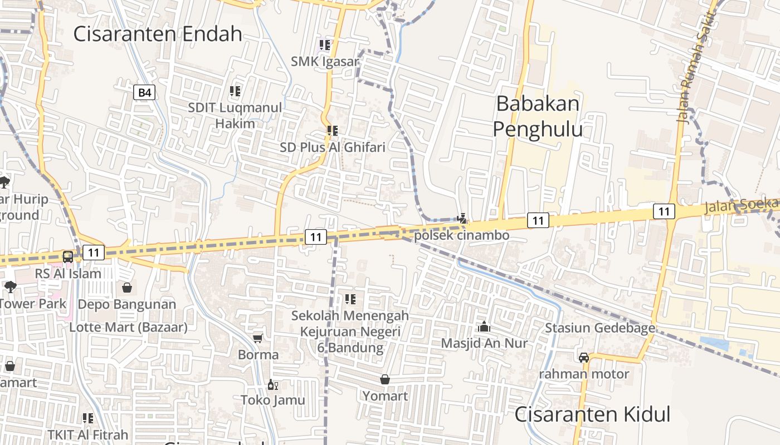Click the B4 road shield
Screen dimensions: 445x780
pyautogui.click(x=144, y=92)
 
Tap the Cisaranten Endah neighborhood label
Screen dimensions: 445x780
pyautogui.click(x=158, y=34)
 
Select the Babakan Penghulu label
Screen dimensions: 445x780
pyautogui.click(x=538, y=116)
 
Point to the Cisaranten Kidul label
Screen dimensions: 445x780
pyautogui.click(x=592, y=414)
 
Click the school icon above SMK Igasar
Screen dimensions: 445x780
pyautogui.click(x=324, y=44)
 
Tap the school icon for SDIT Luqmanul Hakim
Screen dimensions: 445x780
pyautogui.click(x=235, y=91)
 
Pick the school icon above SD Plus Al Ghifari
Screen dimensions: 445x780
pyautogui.click(x=333, y=131)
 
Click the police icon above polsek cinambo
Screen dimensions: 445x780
pyautogui.click(x=462, y=218)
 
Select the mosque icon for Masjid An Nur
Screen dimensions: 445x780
pyautogui.click(x=484, y=327)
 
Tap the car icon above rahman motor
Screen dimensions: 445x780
pyautogui.click(x=584, y=357)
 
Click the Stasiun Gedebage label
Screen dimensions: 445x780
pyautogui.click(x=599, y=328)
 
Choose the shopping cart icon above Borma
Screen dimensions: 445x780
pyautogui.click(x=258, y=338)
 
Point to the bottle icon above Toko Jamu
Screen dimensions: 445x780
pyautogui.click(x=272, y=384)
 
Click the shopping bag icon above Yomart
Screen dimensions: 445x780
pyautogui.click(x=385, y=379)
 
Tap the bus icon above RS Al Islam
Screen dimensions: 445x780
pyautogui.click(x=68, y=256)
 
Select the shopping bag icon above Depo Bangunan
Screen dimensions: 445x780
pyautogui.click(x=127, y=288)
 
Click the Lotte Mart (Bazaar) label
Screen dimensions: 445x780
pyautogui.click(x=128, y=327)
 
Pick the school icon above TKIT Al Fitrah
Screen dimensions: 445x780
pyautogui.click(x=88, y=418)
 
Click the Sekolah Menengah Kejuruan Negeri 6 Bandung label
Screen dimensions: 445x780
pyautogui.click(x=350, y=332)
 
